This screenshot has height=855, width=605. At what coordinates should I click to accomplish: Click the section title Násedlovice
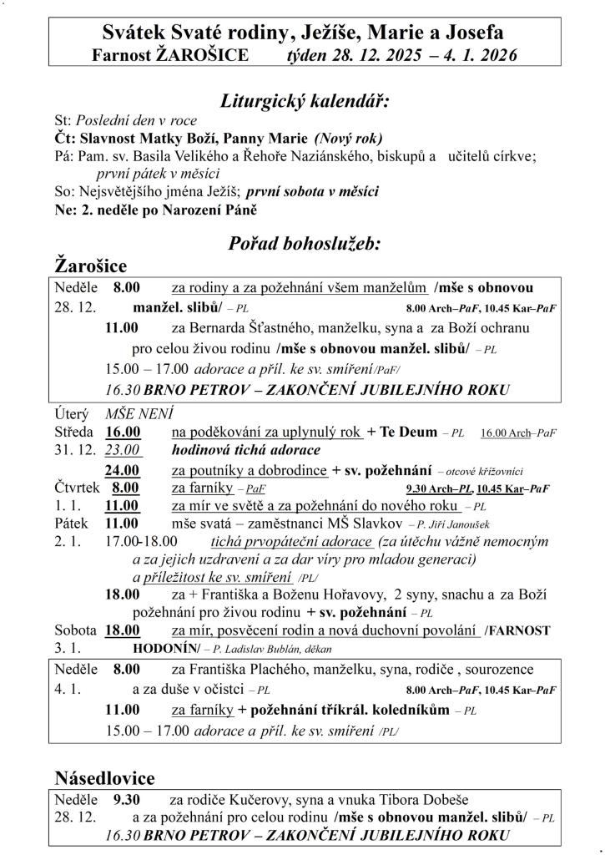104,778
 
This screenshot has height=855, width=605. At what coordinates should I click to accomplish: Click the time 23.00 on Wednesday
123,451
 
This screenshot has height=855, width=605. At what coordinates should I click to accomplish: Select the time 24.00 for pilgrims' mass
123,470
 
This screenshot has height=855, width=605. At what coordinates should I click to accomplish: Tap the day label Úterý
73,413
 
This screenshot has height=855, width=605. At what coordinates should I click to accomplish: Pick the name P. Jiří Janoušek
454,525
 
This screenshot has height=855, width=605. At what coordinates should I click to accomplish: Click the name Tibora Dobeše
440,800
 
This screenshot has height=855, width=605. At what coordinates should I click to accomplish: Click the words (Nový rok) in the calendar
347,138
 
